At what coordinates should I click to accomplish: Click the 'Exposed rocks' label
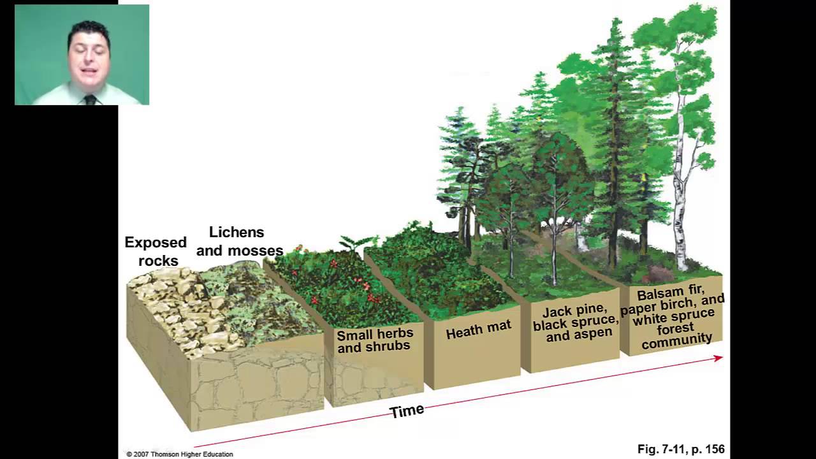[156, 251]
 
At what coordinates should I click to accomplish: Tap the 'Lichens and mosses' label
[239, 242]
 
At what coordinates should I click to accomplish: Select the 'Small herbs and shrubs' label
[374, 340]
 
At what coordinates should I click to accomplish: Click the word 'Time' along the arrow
[407, 411]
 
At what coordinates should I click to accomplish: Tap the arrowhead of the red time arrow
[718, 359]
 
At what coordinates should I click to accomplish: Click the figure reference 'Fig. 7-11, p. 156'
[680, 449]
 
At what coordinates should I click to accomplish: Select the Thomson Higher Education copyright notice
[180, 454]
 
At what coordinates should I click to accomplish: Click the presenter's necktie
[90, 99]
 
